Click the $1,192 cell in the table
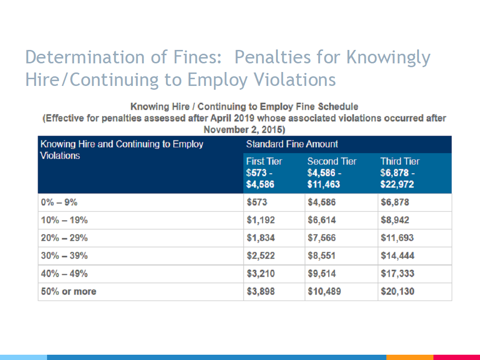tap(261, 220)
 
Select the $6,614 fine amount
tap(322, 220)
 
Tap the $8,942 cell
tap(395, 220)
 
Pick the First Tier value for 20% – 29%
tap(261, 238)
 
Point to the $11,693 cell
tap(397, 238)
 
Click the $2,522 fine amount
tap(261, 256)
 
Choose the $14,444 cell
tap(397, 256)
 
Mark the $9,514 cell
tap(322, 274)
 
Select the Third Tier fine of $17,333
tap(397, 274)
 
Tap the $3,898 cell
tap(261, 291)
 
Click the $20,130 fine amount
tap(397, 291)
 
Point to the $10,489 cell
tap(324, 291)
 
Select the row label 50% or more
tap(69, 291)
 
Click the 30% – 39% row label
tap(64, 256)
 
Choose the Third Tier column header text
tap(400, 161)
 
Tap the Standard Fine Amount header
tap(292, 144)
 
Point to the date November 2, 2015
tap(244, 130)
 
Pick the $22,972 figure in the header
tap(397, 184)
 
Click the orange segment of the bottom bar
tap(410, 357)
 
